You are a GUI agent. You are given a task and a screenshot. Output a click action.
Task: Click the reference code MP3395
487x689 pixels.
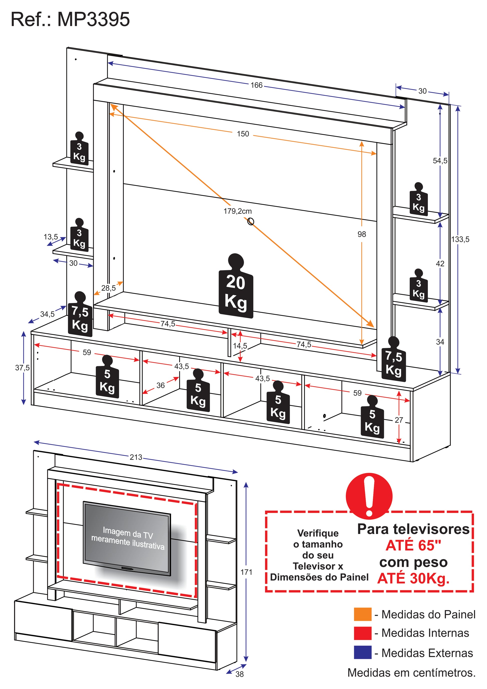pos(93,20)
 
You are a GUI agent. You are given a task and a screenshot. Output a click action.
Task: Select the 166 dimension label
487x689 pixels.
pos(257,85)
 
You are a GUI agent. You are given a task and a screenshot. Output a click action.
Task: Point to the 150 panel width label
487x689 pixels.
pos(243,134)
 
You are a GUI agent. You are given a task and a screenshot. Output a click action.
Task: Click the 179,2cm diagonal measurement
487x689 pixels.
pos(237,211)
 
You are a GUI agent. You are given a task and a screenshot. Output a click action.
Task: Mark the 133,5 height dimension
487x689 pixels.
pos(460,239)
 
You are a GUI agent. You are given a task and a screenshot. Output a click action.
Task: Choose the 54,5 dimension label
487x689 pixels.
pos(440,161)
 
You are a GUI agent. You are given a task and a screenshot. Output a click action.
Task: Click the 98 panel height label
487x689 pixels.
pos(362,234)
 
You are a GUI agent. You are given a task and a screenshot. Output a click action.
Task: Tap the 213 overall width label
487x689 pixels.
pos(136,457)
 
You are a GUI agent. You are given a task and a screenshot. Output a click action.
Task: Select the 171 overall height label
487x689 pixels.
pos(246,572)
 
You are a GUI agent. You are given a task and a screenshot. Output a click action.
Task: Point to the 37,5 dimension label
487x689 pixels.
pos(23,368)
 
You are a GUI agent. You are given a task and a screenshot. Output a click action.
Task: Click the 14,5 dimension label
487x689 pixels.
pos(240,346)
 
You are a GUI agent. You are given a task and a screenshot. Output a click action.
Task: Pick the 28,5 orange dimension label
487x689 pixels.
pos(108,288)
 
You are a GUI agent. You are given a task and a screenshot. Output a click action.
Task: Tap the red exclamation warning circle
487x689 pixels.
pos(369,496)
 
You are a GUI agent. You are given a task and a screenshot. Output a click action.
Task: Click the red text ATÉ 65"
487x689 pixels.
pos(413,545)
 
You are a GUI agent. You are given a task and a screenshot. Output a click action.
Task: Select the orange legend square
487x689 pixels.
pos(362,614)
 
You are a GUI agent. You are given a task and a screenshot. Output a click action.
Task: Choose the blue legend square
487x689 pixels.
pos(362,652)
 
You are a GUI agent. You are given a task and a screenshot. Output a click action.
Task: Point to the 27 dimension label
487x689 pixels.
pos(399,420)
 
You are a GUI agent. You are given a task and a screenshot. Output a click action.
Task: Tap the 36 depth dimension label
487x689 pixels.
pos(160,385)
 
